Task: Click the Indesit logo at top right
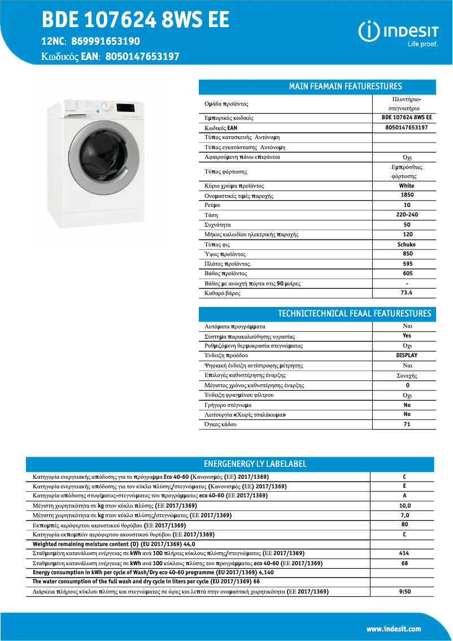(398, 32)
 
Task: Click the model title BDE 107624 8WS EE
(136, 20)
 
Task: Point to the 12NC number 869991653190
(106, 41)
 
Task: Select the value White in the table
(406, 186)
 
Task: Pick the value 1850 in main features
(407, 196)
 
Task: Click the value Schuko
(407, 245)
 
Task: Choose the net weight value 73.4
(407, 293)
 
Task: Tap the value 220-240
(407, 215)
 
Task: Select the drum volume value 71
(407, 424)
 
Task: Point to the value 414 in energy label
(404, 553)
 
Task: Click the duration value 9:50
(404, 592)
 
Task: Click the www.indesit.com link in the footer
(394, 629)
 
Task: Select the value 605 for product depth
(407, 274)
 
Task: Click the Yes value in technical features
(407, 336)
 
